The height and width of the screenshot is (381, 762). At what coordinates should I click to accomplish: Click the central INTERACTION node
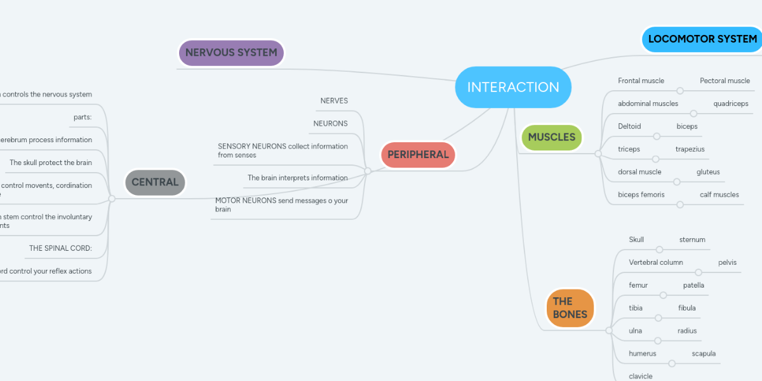513,87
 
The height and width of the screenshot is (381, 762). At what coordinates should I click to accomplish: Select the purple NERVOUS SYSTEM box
231,53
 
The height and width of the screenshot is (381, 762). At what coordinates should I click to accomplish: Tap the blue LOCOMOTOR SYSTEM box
702,39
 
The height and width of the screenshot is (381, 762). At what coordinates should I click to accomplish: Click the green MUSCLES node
551,137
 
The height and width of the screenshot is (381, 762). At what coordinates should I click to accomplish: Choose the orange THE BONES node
570,307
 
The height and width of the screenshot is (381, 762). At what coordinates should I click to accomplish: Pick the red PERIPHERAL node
418,154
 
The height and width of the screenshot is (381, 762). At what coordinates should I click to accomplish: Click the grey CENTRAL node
155,182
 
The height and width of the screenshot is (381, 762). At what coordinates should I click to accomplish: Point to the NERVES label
334,101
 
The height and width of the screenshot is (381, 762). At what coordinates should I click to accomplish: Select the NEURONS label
330,123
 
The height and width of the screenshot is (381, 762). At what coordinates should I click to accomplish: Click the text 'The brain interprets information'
297,178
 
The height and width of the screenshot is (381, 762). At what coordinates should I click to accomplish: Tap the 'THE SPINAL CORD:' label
60,248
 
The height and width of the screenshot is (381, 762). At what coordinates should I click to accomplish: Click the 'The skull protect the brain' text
51,163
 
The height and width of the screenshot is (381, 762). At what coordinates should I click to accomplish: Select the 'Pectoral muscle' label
725,81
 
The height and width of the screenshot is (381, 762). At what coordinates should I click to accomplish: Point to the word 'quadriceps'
730,104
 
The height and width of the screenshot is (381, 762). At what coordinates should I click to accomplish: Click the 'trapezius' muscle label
690,149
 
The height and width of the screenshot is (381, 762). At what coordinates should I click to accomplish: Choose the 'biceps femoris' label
641,194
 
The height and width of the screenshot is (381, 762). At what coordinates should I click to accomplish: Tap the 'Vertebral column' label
655,262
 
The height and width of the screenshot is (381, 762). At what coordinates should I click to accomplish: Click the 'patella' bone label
693,285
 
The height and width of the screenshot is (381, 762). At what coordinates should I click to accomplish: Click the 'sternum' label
692,239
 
